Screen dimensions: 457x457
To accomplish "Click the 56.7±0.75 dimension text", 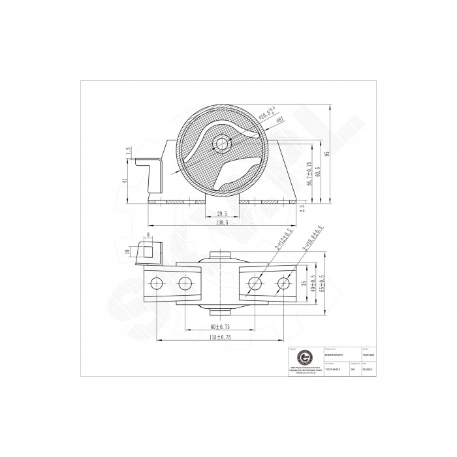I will coord(309,173).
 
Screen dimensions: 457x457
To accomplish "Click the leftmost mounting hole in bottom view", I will coord(156,283).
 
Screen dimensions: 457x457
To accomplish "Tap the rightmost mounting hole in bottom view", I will coord(283,283).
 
